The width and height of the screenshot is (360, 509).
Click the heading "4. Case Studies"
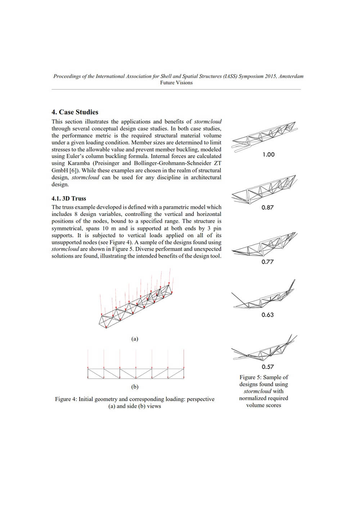pos(75,112)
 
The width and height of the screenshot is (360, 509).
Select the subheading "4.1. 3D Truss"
pos(69,198)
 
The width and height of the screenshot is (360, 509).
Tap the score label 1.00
pos(269,154)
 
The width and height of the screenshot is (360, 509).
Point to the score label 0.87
pos(267,207)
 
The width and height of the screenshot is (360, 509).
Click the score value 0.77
pos(267,262)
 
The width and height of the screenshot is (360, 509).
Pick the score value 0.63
pos(267,315)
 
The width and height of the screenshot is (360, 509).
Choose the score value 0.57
pos(267,367)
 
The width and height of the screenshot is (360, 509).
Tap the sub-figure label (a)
pos(135,339)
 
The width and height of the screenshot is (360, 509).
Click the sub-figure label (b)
pos(135,387)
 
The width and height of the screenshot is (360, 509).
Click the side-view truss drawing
pos(136,364)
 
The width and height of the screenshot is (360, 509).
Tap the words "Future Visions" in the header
pos(176,83)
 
